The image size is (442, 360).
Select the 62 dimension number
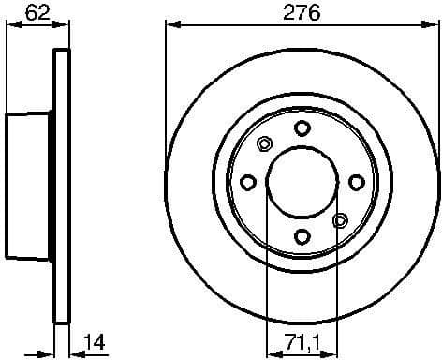click(37, 13)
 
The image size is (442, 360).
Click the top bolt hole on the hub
click(302, 127)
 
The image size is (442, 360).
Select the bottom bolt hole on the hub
click(302, 236)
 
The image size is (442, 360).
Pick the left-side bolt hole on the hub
click(248, 182)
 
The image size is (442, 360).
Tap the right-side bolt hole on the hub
click(356, 182)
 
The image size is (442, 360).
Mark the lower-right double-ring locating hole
click(340, 220)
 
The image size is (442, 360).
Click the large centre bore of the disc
click(302, 182)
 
